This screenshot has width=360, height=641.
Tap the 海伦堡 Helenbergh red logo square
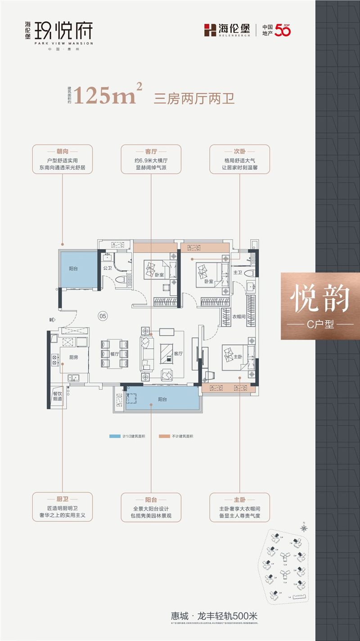click(x=210, y=30)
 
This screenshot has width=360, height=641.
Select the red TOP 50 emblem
click(x=283, y=30)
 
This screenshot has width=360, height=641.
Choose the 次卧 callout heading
click(x=239, y=152)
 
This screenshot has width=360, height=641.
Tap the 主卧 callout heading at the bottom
click(x=239, y=499)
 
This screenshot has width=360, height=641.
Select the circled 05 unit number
click(x=103, y=316)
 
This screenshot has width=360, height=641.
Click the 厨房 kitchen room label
click(x=73, y=358)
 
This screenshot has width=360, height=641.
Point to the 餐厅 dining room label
click(x=114, y=354)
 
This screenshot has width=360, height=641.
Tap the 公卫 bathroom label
click(x=107, y=268)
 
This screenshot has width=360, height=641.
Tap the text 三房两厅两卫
click(x=194, y=98)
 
